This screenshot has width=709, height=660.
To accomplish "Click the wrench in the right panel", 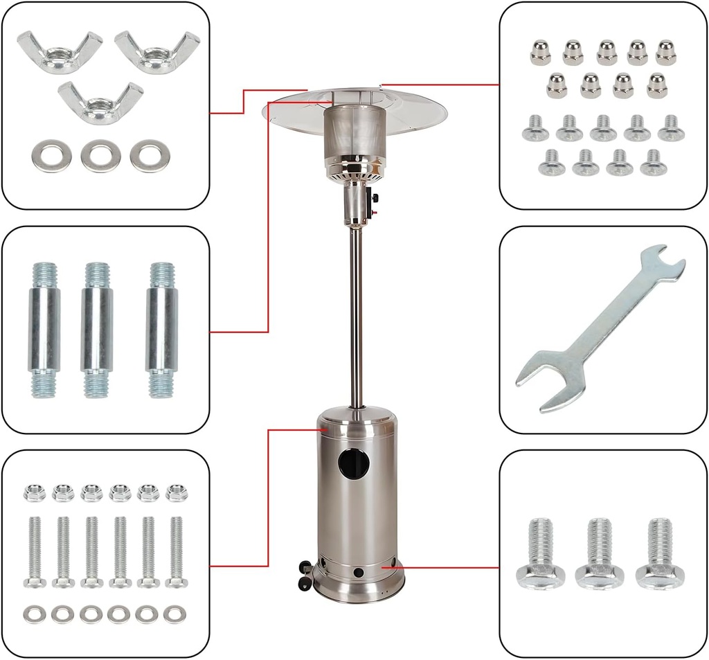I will tap(600, 328).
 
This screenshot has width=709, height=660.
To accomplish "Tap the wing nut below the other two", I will tap(100, 102).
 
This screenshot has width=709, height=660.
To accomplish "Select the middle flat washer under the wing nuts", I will tap(100, 155).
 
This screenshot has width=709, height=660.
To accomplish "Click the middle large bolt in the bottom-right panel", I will tap(600, 554).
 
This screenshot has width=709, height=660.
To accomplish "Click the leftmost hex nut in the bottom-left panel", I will tap(35, 492).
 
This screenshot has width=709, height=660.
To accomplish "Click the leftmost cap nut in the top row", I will tap(540, 53).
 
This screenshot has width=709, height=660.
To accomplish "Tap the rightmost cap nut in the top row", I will tap(665, 53).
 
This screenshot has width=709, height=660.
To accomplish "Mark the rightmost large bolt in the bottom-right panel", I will tap(660, 554).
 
